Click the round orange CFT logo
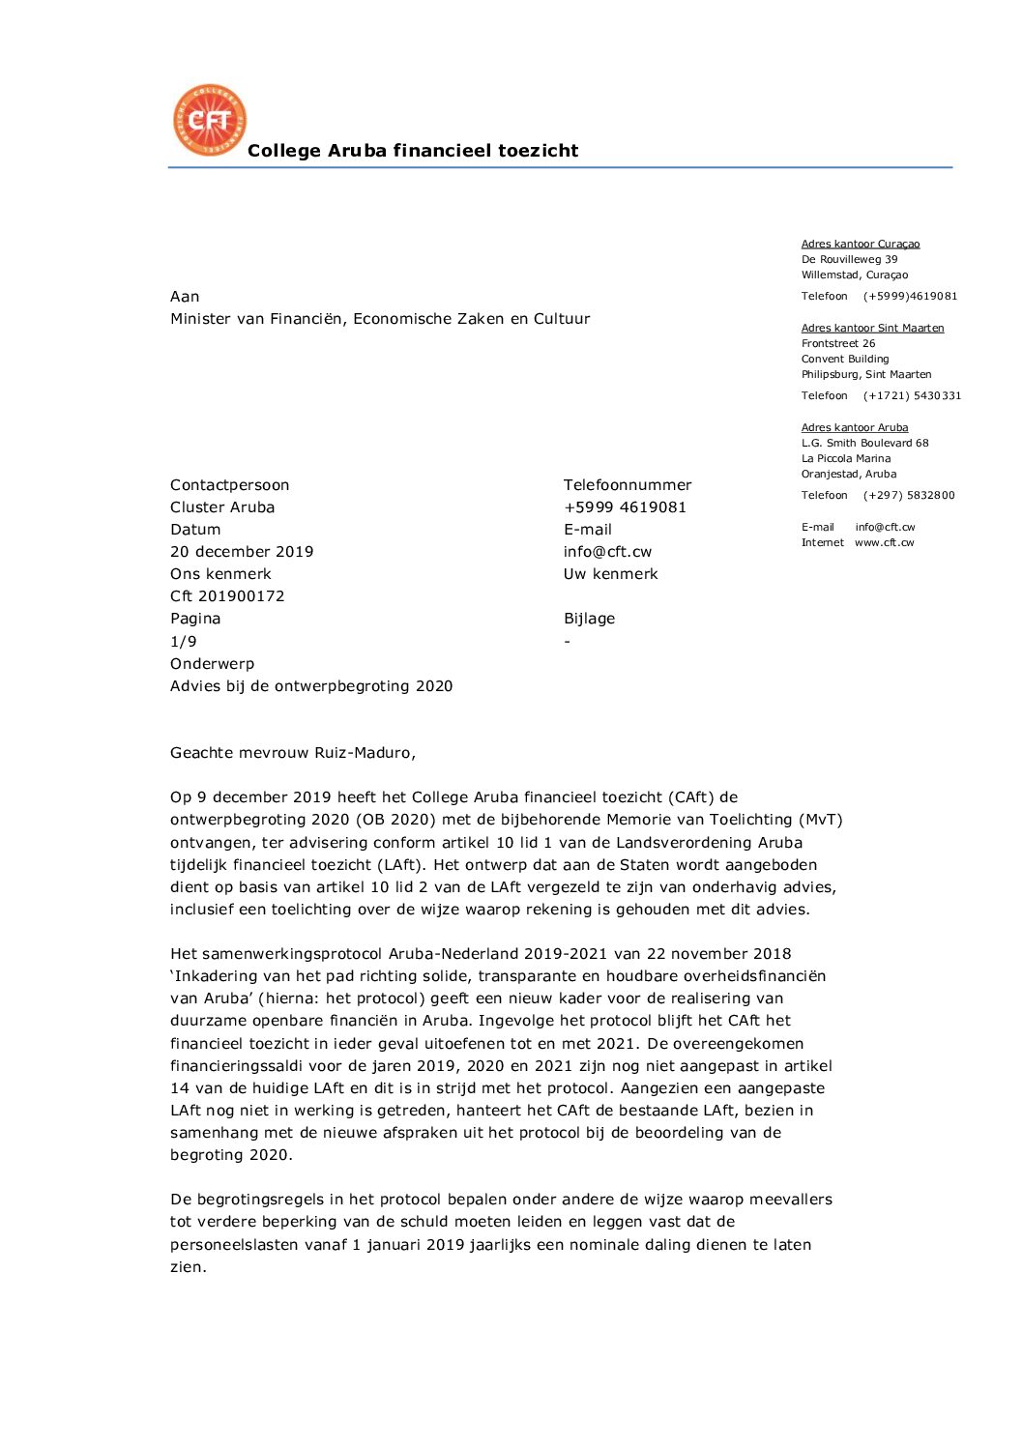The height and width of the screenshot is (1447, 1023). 210,120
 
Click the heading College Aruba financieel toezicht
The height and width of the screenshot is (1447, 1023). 413,151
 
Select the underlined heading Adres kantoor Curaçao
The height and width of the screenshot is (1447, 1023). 860,244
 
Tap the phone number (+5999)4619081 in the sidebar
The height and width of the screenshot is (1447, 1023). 910,296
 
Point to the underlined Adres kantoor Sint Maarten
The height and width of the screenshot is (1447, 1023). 872,328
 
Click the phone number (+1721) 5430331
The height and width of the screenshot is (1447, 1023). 912,395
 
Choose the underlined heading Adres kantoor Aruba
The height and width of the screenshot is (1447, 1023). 854,427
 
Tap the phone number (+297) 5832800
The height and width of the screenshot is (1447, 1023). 909,495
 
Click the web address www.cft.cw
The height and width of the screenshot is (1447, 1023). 884,542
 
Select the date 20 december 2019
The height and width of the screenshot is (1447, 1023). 242,552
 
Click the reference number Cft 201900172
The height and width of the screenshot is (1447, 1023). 227,596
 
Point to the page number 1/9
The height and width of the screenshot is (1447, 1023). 184,642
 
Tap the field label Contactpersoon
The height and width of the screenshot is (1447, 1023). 229,485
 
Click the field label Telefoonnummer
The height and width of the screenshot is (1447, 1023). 628,485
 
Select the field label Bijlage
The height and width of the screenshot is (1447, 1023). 589,619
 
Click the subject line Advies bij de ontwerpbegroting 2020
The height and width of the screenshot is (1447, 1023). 311,686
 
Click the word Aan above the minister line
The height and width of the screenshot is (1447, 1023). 185,297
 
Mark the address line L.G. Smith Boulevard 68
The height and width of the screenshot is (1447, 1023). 864,443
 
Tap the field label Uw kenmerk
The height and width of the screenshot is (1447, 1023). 610,574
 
